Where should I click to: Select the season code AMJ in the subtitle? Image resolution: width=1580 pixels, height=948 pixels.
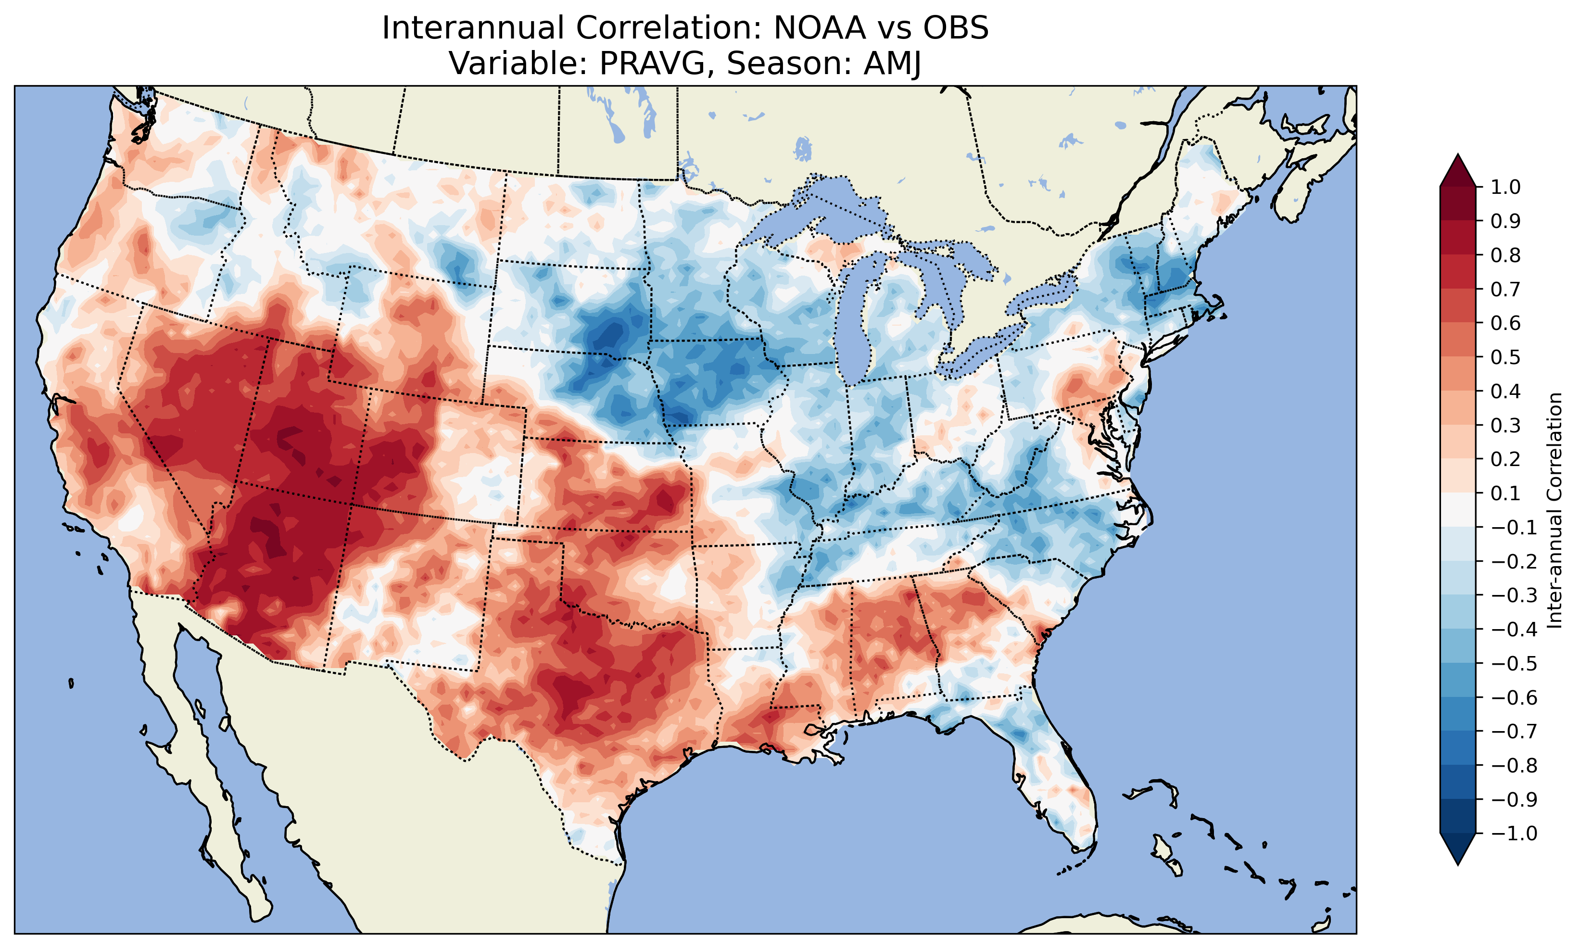[893, 63]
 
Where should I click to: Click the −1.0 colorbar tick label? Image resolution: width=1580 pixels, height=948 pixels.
[1514, 834]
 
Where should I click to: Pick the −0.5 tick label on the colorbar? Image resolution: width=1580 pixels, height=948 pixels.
[1514, 664]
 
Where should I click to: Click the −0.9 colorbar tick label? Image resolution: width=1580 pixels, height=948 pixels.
[1514, 800]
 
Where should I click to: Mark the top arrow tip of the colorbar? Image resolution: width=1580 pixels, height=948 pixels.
[1458, 154]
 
